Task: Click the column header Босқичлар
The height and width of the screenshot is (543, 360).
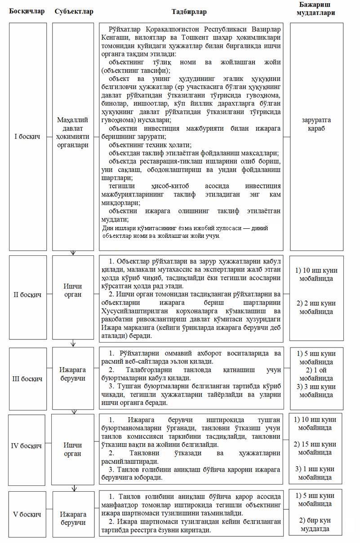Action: tap(27, 11)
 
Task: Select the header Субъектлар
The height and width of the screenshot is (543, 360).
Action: tap(74, 11)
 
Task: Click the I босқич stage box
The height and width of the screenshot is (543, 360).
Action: tap(28, 137)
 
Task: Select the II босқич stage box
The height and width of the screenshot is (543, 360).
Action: tap(28, 295)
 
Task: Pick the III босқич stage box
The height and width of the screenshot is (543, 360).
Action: tap(28, 378)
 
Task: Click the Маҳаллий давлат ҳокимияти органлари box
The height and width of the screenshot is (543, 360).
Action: tap(73, 133)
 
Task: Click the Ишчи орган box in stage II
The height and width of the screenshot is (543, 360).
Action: tap(73, 290)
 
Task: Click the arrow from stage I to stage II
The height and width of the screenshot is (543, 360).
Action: tap(73, 253)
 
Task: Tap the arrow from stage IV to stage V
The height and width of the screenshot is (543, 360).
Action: tap(73, 487)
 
